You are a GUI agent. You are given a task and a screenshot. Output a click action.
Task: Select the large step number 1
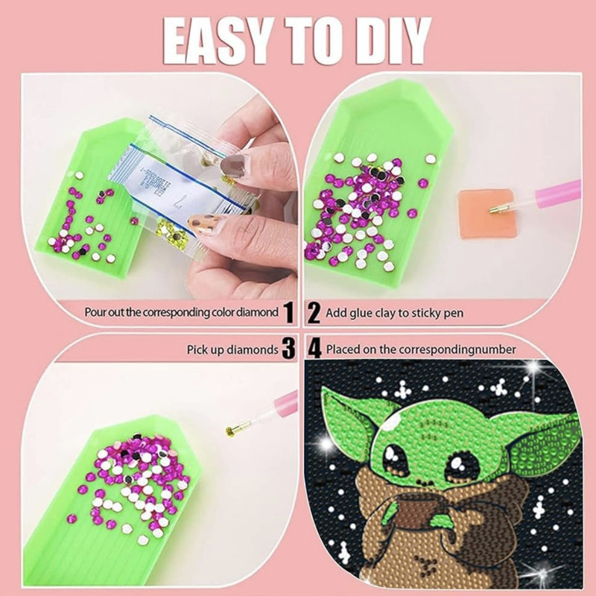click(x=289, y=312)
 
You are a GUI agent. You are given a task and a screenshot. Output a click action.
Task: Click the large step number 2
click(x=314, y=312)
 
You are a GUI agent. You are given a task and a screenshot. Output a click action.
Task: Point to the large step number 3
click(x=289, y=349)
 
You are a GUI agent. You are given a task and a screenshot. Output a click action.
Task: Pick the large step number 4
click(x=314, y=349)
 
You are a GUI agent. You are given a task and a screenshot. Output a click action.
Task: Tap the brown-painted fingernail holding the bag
click(x=233, y=166)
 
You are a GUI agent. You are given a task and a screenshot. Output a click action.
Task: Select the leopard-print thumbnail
click(x=204, y=226)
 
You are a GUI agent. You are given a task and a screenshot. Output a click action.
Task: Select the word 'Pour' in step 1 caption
click(x=94, y=312)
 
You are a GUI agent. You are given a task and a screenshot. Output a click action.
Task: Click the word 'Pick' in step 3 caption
click(x=196, y=349)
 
